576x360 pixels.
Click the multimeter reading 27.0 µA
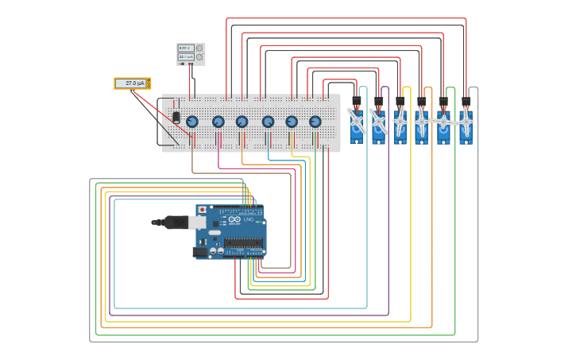pos(132,83)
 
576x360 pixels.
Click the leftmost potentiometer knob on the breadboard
pos(192,122)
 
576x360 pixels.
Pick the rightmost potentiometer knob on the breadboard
pos(315,122)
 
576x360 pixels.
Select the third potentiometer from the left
pos(242,122)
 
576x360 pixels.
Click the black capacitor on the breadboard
pos(176,117)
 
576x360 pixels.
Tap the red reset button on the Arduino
pos(202,210)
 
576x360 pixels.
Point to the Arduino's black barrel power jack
pos(200,252)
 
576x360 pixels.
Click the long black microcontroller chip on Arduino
pos(243,243)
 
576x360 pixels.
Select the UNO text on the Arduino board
pos(248,219)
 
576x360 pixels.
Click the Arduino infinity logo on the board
pos(234,219)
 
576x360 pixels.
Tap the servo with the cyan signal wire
pos(357,123)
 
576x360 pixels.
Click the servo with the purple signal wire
pos(378,123)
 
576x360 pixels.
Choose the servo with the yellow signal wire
pos(400,123)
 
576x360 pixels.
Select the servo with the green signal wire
pos(443,123)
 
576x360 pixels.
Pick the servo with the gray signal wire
pos(466,123)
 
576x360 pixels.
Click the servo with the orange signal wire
pos(421,123)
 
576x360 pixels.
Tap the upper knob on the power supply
pos(199,48)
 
